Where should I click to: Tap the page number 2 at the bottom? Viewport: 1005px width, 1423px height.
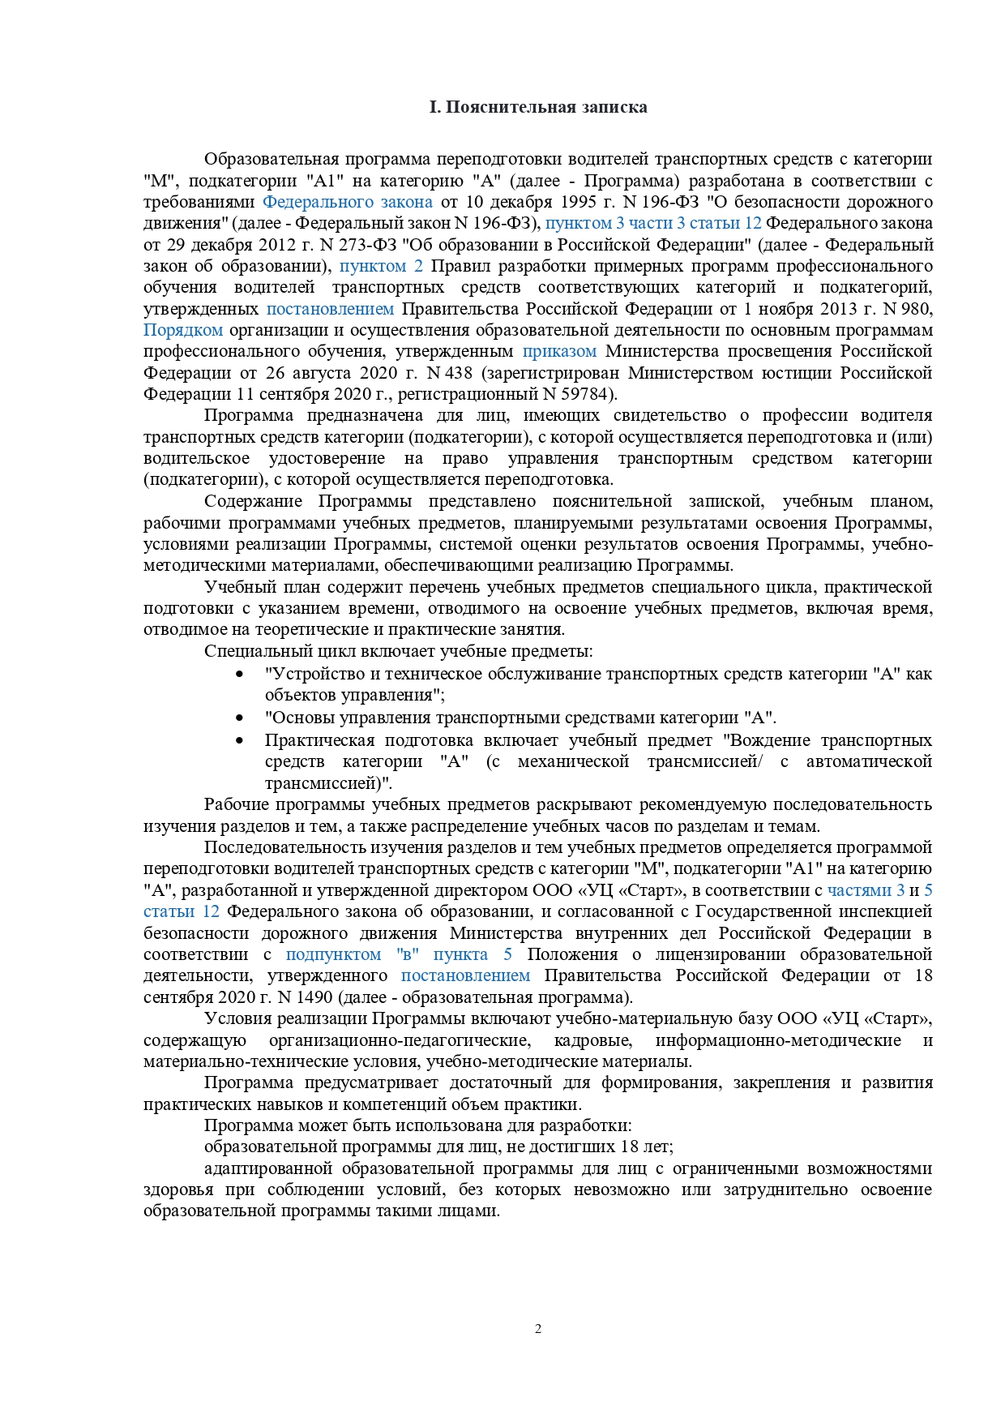tap(538, 1328)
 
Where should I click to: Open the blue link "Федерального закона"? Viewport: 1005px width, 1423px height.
tap(348, 202)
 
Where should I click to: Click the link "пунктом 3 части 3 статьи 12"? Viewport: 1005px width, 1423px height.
tap(653, 223)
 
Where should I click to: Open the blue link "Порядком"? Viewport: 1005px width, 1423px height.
tap(183, 330)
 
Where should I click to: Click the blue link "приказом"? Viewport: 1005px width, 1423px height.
tap(559, 351)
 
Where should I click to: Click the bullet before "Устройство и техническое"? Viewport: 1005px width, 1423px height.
tap(239, 675)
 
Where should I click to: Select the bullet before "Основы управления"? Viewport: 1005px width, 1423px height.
tap(239, 718)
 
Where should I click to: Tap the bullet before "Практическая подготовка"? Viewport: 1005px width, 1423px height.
tap(239, 741)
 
